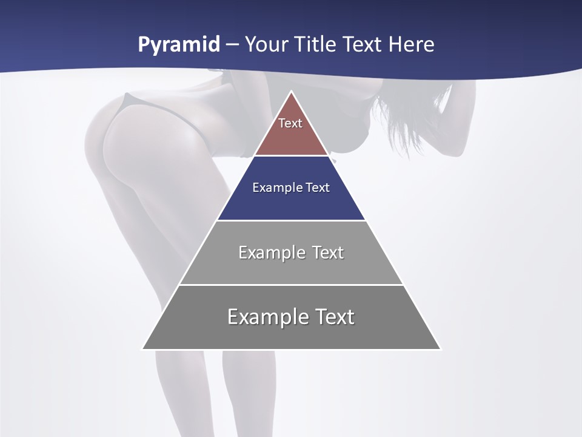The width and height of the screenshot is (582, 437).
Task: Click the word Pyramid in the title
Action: tap(178, 45)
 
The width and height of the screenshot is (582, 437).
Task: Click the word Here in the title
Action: tap(412, 44)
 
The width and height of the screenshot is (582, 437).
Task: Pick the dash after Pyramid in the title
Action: tap(232, 45)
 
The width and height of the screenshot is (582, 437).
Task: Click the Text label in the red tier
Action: tap(290, 123)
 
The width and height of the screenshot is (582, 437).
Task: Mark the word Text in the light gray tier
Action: tap(329, 252)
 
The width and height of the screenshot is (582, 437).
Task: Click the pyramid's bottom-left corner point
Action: tap(142, 349)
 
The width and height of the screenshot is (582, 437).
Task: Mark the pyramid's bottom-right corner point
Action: tap(440, 349)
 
